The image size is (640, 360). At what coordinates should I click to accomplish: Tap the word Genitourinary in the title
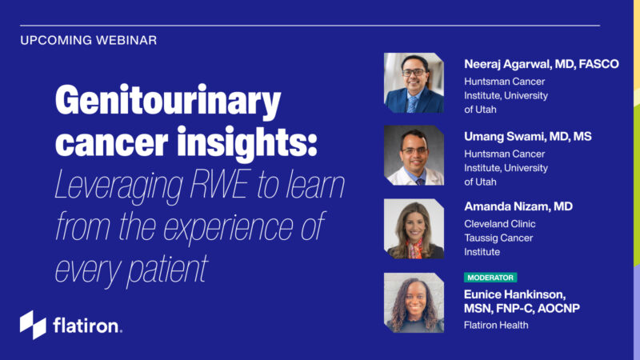168,103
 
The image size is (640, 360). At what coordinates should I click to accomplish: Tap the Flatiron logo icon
33,325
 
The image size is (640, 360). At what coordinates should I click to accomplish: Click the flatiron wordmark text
87,326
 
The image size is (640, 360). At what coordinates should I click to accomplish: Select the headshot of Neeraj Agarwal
414,83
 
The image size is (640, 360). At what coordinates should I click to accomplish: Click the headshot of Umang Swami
414,155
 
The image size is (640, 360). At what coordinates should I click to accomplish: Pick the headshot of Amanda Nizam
414,229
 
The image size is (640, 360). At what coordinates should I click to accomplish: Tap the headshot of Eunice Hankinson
414,302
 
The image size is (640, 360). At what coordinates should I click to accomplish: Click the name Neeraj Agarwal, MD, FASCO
541,64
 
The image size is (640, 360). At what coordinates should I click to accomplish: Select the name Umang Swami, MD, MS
527,137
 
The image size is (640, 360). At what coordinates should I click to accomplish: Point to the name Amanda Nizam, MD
518,206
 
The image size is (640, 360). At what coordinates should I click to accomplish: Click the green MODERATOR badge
490,277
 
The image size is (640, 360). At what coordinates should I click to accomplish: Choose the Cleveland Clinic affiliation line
500,224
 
